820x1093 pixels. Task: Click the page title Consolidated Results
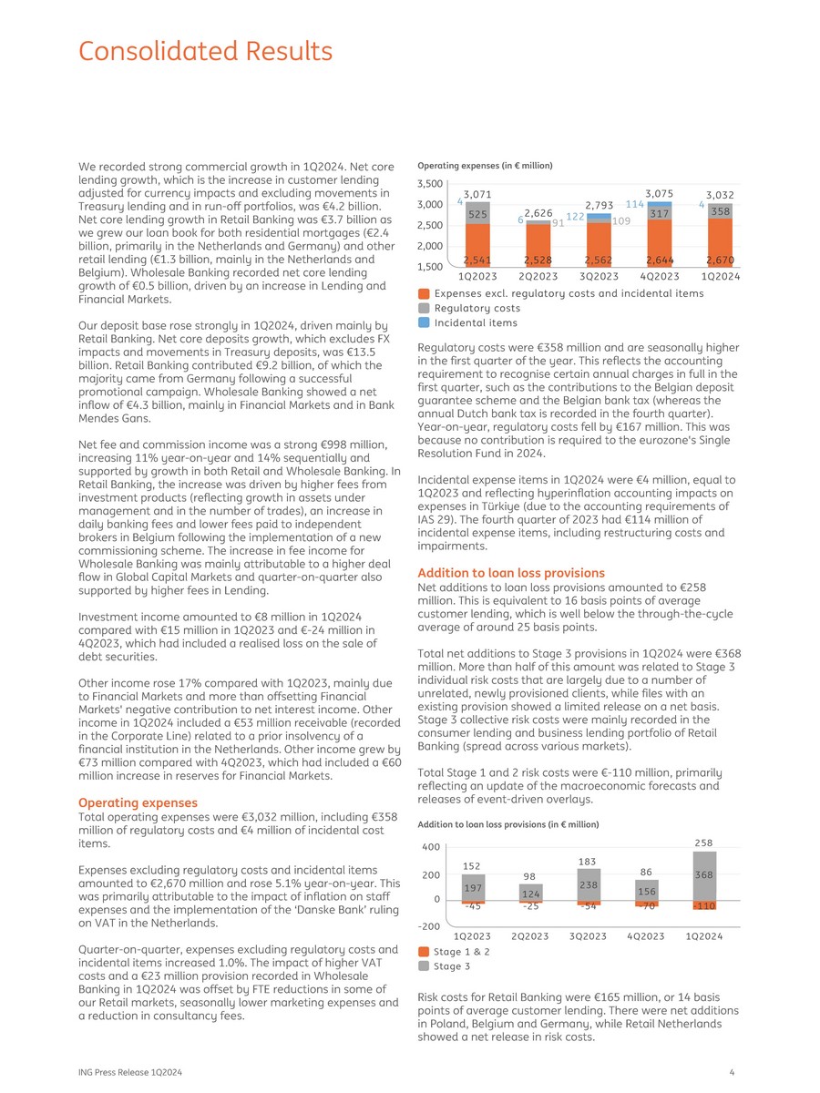click(x=205, y=50)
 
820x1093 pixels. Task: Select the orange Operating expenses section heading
click(x=138, y=802)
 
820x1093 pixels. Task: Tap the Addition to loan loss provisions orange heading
click(x=511, y=573)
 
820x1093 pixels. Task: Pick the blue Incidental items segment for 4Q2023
click(x=659, y=205)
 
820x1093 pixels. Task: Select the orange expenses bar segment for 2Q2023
click(x=538, y=244)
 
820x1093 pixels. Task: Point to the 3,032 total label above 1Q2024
click(x=720, y=194)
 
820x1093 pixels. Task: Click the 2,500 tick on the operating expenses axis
click(x=431, y=225)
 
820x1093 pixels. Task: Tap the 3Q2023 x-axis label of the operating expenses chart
click(x=599, y=276)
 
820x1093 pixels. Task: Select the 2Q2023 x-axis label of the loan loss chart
click(x=530, y=936)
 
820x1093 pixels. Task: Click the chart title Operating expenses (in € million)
click(x=485, y=166)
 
